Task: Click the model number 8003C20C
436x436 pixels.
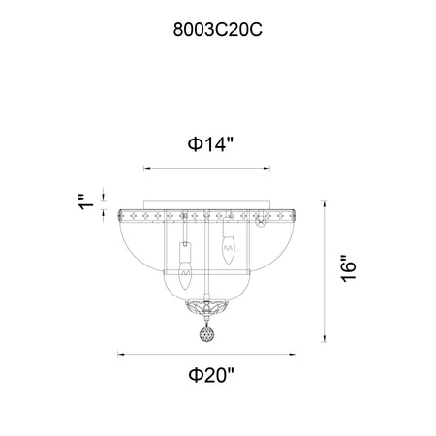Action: point(218,30)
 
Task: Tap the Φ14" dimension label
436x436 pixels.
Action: point(210,144)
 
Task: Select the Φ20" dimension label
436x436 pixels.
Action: point(211,375)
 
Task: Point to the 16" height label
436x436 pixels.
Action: point(349,269)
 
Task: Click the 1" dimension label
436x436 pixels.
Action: point(86,202)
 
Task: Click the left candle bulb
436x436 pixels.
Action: point(185,275)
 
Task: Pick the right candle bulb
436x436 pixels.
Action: point(229,250)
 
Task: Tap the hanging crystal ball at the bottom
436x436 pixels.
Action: point(206,333)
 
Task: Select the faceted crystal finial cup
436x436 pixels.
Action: point(206,308)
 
